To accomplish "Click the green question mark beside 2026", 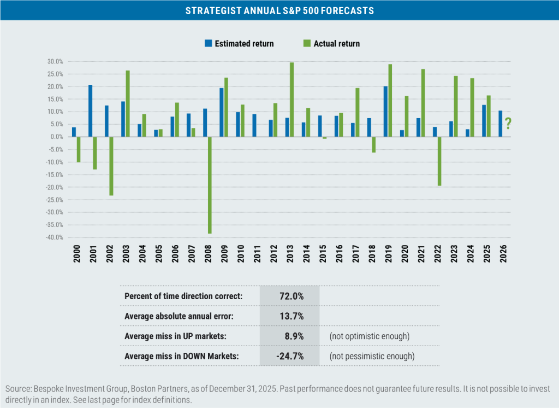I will coord(508,124).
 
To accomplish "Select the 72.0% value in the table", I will coord(290,296).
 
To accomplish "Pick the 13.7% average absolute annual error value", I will coord(290,316).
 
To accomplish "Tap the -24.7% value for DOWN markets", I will coord(289,356).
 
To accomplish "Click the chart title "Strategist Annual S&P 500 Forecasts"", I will coord(279,10).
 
